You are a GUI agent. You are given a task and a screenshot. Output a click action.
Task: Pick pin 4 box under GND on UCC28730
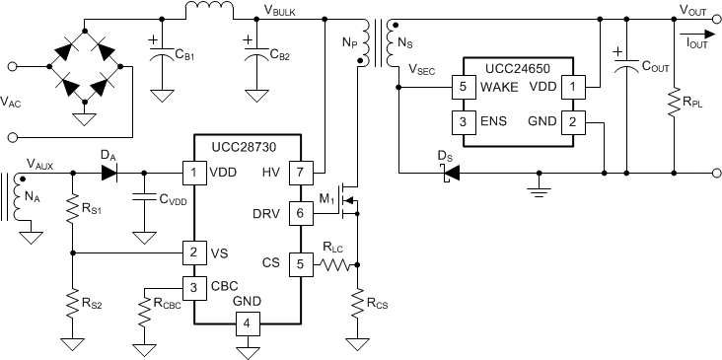[x=248, y=323]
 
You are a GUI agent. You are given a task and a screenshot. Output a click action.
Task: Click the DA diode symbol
[x=108, y=172]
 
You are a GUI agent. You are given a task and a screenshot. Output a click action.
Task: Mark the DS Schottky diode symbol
[x=451, y=173]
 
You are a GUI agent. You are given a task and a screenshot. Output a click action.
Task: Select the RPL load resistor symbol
[x=675, y=102]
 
